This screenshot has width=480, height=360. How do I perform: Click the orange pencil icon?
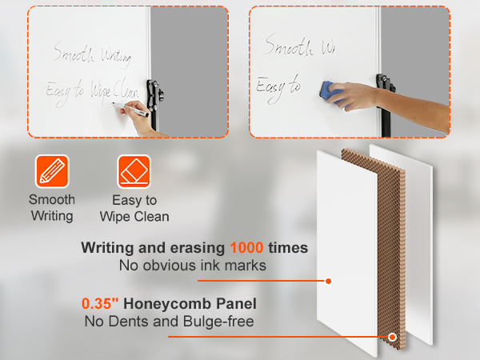click(x=52, y=171)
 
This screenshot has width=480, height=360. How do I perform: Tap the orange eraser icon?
click(x=134, y=171)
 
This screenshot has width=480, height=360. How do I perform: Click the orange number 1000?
click(x=246, y=247)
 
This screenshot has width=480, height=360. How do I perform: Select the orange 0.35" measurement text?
click(x=100, y=303)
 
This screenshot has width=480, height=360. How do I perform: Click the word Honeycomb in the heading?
click(x=167, y=304)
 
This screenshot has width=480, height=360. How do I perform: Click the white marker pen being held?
click(x=130, y=110)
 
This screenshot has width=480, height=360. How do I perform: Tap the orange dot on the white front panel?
click(x=328, y=281)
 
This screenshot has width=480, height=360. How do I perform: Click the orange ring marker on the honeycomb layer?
click(x=392, y=337)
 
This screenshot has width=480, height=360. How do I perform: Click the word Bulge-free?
click(x=218, y=322)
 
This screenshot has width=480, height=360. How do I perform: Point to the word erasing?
click(x=198, y=248)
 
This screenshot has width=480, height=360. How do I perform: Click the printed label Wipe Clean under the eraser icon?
click(x=134, y=217)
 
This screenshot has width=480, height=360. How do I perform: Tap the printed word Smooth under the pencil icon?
click(x=52, y=199)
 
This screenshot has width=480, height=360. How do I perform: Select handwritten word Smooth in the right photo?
click(x=289, y=46)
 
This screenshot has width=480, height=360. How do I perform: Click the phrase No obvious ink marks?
click(x=193, y=265)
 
